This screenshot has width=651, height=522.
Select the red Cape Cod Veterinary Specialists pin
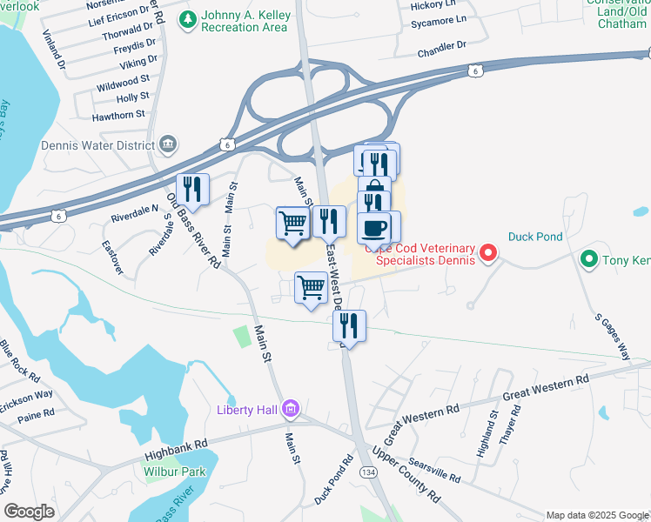pyautogui.click(x=488, y=254)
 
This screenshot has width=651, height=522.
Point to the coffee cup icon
pyautogui.click(x=374, y=227)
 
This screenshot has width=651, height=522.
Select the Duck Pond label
pyautogui.click(x=536, y=236)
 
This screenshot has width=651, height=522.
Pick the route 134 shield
pyautogui.click(x=369, y=471)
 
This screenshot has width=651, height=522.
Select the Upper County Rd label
pyautogui.click(x=405, y=474)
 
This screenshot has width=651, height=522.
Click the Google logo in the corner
pyautogui.click(x=29, y=512)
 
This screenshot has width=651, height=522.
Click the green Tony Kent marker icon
pyautogui.click(x=588, y=258)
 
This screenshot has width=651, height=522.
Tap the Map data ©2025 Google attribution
pyautogui.click(x=596, y=515)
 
